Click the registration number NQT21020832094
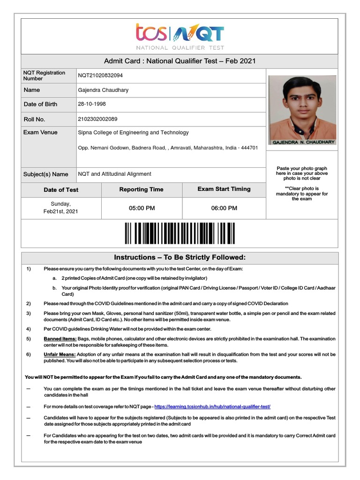click(101, 75)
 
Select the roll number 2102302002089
click(97, 119)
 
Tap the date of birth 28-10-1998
click(91, 104)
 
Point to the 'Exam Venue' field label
click(40, 133)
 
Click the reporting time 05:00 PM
click(142, 208)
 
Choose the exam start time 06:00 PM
click(224, 208)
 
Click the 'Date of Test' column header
click(61, 190)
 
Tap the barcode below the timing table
click(180, 233)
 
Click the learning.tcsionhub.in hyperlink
click(212, 406)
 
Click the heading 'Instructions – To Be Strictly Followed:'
click(180, 258)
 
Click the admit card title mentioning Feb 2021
click(180, 61)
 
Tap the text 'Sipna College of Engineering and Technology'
click(133, 133)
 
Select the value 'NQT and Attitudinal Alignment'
click(114, 174)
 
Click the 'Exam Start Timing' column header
click(224, 189)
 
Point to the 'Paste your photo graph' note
click(301, 168)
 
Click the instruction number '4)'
click(29, 329)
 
